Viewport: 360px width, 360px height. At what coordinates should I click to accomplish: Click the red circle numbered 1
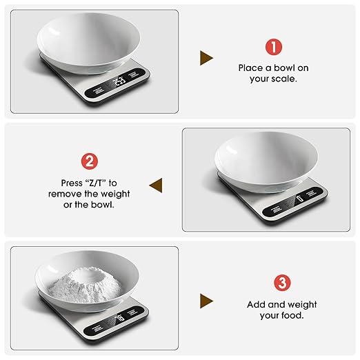[x=274, y=47]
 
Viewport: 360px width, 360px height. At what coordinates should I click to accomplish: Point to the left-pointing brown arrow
[x=156, y=185]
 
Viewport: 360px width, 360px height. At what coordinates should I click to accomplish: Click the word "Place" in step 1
[x=251, y=68]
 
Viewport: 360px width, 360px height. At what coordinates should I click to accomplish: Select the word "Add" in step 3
[x=257, y=304]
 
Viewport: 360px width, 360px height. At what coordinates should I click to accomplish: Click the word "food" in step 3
[x=291, y=315]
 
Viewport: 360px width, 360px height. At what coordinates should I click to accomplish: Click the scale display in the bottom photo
[x=119, y=318]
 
